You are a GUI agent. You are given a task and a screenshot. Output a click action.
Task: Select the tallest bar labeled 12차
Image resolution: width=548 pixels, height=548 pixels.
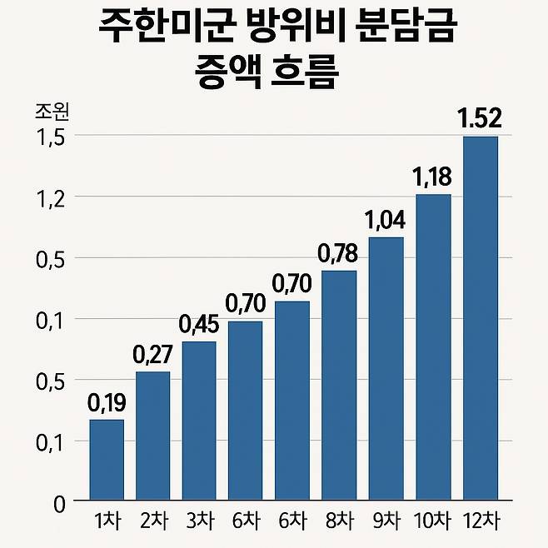pos(480,317)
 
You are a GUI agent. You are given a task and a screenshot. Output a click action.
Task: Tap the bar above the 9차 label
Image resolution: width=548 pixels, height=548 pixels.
pos(386,368)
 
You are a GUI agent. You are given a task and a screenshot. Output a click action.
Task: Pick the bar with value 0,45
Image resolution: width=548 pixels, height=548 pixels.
pos(200,421)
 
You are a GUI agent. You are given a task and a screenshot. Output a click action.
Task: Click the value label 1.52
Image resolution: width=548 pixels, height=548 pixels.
pos(480,119)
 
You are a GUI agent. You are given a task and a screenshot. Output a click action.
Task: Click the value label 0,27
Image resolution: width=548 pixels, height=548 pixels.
pos(153,355)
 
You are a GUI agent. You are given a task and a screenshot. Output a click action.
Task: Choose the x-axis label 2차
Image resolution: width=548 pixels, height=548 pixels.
pos(153,522)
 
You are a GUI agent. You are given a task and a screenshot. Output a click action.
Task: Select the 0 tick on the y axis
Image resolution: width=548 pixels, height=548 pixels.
pos(59,502)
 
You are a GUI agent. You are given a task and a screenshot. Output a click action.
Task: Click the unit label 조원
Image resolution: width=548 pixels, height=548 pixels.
pos(52,111)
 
